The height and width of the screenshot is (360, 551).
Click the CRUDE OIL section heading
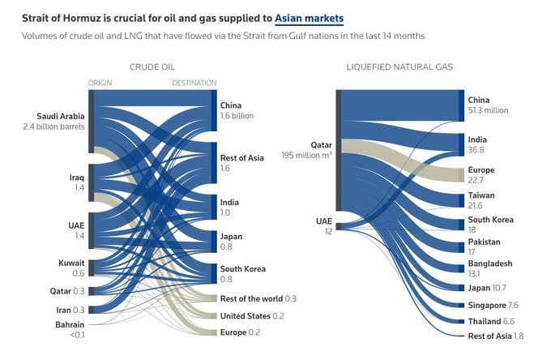click(x=152, y=66)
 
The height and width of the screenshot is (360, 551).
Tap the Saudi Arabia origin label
click(x=61, y=116)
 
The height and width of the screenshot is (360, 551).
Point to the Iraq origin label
click(x=75, y=176)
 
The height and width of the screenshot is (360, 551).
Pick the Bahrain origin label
click(x=66, y=324)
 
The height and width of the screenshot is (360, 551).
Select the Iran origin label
click(x=66, y=309)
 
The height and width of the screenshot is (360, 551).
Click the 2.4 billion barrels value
click(x=55, y=127)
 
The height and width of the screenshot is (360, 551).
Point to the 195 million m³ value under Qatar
click(x=306, y=155)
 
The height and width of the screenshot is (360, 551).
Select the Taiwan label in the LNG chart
click(x=481, y=196)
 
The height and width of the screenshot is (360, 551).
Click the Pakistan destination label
click(x=485, y=242)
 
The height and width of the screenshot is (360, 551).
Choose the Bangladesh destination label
click(x=490, y=264)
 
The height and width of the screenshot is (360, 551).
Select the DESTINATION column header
click(x=194, y=83)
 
